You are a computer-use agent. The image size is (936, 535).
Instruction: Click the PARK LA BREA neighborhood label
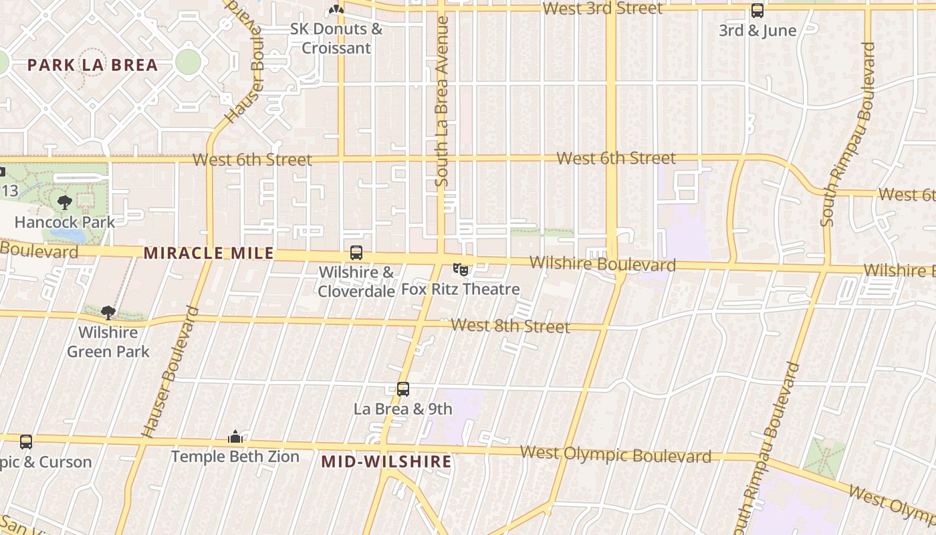click(x=92, y=65)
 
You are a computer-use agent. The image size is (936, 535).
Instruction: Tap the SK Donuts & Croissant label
click(x=336, y=38)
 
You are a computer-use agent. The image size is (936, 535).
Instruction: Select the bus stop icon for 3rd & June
click(x=757, y=11)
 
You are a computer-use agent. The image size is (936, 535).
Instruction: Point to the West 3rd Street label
click(x=602, y=9)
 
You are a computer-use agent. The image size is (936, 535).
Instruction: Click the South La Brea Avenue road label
click(x=441, y=101)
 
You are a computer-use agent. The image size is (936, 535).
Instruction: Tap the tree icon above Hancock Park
click(x=65, y=202)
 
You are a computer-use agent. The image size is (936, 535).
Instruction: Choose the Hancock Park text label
click(x=65, y=222)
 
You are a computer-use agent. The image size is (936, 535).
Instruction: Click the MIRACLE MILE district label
click(x=209, y=253)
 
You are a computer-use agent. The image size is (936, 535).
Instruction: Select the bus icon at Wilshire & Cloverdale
click(x=356, y=253)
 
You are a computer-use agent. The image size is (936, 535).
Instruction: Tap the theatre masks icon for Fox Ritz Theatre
click(x=460, y=270)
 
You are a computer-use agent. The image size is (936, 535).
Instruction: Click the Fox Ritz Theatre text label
click(x=460, y=289)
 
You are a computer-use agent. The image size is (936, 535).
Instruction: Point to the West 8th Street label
click(x=510, y=326)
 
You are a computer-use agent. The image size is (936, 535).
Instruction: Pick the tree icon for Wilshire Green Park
click(x=108, y=312)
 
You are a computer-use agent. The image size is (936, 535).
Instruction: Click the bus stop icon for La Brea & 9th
click(x=402, y=389)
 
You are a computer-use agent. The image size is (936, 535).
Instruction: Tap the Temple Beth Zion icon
click(x=235, y=437)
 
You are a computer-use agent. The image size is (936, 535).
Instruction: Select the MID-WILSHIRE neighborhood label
click(x=386, y=461)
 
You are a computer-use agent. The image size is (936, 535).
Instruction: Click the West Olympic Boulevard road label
click(x=615, y=455)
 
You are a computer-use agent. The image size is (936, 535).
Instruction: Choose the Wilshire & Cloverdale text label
click(x=356, y=282)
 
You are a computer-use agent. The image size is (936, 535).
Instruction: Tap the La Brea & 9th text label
click(x=402, y=409)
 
